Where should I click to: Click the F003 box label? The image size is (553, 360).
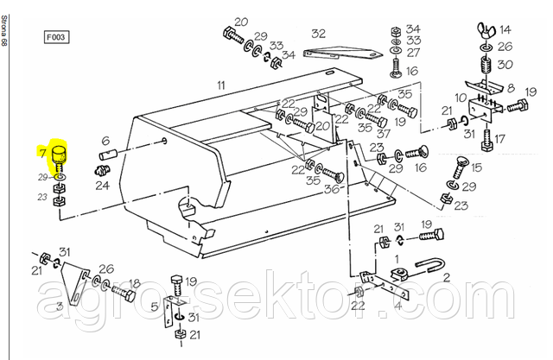(x=56, y=37)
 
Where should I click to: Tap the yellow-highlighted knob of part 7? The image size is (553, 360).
(x=59, y=154)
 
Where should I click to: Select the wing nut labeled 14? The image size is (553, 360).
(x=486, y=28)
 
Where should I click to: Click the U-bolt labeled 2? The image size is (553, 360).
(x=430, y=266)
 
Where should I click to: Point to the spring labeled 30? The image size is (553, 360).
(x=487, y=64)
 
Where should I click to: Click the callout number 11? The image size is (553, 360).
(x=221, y=85)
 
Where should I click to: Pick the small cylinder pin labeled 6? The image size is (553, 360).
(x=109, y=154)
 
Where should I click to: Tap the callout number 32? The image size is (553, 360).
(x=318, y=34)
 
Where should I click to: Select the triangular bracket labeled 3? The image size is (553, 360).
(x=74, y=283)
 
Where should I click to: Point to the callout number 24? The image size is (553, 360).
(x=102, y=185)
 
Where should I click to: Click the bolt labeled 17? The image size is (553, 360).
(x=487, y=140)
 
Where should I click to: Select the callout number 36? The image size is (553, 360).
(x=332, y=189)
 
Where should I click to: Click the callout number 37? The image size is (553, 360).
(x=384, y=133)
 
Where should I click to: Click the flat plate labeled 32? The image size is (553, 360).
(x=342, y=53)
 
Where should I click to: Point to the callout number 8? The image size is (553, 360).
(x=511, y=88)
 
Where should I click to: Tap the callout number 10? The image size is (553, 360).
(x=461, y=98)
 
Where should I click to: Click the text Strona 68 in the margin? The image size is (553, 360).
(x=3, y=30)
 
